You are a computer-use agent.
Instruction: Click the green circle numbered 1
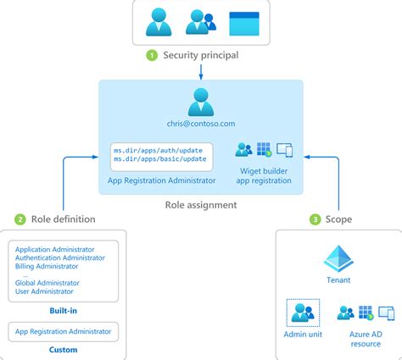click(x=153, y=56)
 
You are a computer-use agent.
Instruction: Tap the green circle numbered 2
click(x=20, y=219)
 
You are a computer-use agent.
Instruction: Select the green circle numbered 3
click(x=315, y=219)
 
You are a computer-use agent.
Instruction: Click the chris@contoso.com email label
click(x=201, y=125)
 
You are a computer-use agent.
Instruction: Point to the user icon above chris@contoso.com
click(x=201, y=103)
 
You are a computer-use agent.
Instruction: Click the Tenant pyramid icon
click(x=338, y=257)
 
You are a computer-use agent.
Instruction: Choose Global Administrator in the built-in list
click(x=47, y=283)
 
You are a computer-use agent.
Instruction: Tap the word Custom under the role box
click(x=64, y=349)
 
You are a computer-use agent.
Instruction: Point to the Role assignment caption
click(x=200, y=204)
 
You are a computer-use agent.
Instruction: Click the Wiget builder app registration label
click(x=261, y=174)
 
